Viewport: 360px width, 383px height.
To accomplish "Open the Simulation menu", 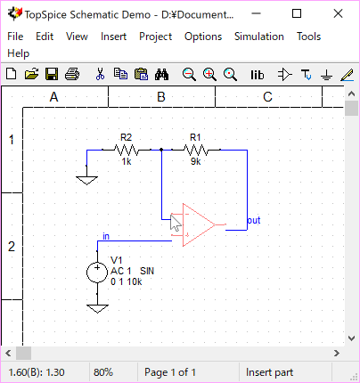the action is (259, 37).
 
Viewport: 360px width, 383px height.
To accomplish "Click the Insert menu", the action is (113, 37).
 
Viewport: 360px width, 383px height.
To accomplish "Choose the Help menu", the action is (19, 53).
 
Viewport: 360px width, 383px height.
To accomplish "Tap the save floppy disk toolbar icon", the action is (52, 74).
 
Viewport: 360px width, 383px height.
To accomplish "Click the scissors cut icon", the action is (100, 74).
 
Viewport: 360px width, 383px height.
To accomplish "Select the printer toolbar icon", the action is (72, 74).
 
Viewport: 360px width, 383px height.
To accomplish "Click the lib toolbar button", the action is (258, 75).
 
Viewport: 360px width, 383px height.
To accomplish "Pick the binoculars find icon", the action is (161, 74).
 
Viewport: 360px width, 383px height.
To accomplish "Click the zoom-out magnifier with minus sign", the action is (189, 75).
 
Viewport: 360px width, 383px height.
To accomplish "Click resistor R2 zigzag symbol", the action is (127, 150).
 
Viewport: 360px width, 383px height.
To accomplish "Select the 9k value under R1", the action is (196, 161).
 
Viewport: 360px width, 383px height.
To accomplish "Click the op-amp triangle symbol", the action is (199, 224).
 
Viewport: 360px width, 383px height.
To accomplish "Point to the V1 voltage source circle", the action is (97, 273).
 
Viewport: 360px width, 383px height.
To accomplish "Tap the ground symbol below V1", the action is (97, 308).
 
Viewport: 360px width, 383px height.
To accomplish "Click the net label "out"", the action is (254, 220).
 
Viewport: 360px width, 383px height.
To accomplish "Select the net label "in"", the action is (106, 236).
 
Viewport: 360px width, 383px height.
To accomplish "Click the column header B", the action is (161, 97).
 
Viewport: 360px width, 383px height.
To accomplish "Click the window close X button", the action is (338, 13).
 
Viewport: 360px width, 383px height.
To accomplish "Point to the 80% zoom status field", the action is (103, 372).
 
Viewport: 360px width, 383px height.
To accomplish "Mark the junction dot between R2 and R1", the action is (161, 150).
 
